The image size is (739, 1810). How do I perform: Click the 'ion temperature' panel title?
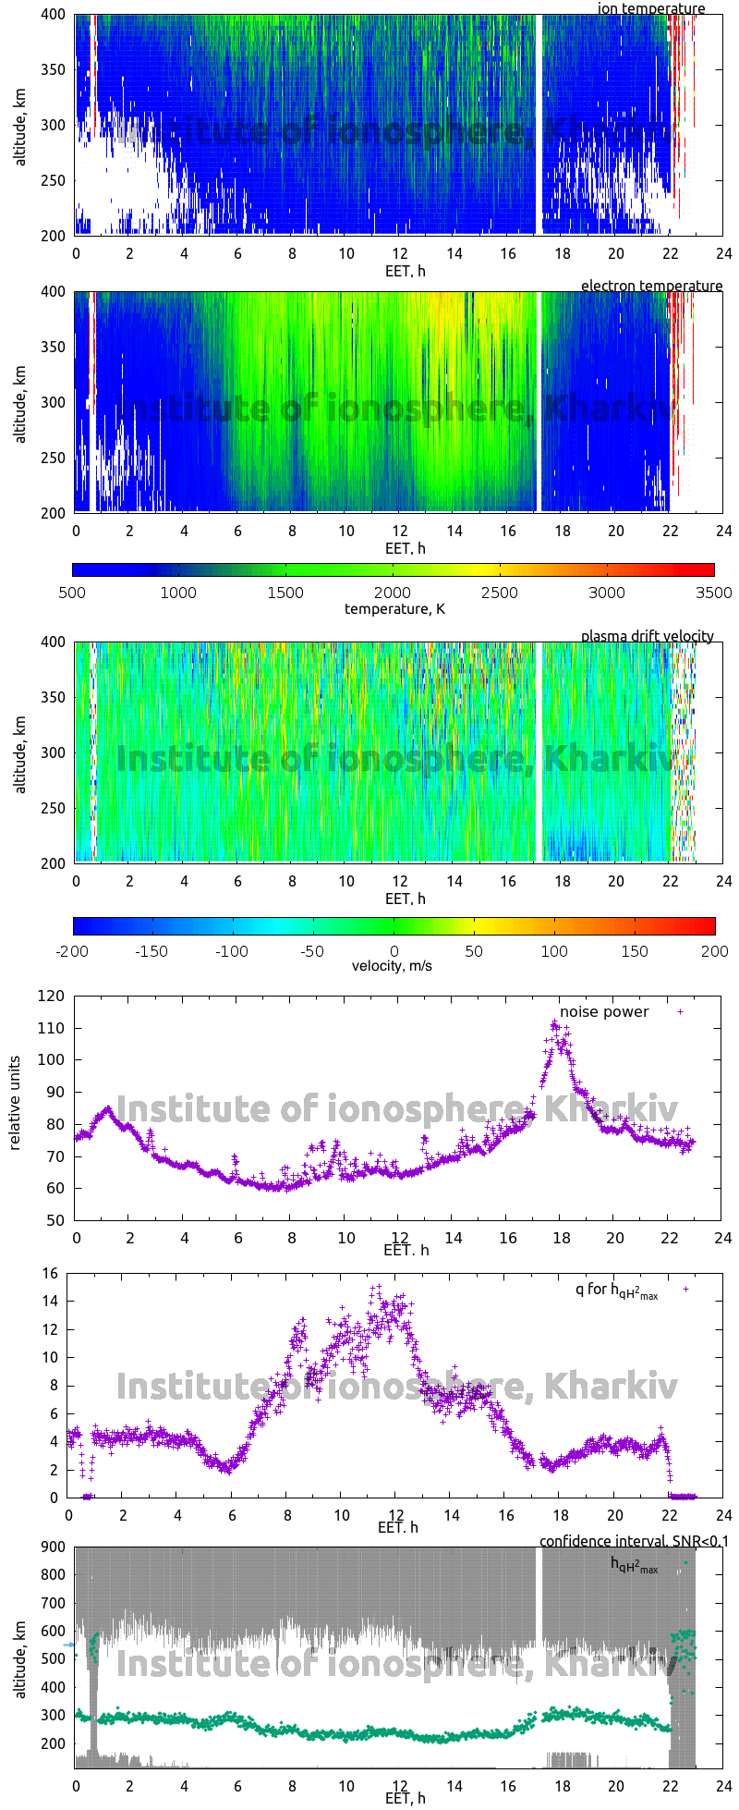pyautogui.click(x=650, y=9)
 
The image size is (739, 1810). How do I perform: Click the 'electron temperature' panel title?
pyautogui.click(x=651, y=286)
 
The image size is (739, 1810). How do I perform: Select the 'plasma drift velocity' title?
pyautogui.click(x=647, y=636)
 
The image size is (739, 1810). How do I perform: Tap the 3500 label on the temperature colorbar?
pyautogui.click(x=713, y=593)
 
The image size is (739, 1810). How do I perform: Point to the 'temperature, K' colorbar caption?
pyautogui.click(x=394, y=608)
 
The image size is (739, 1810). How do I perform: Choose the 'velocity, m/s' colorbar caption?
pyautogui.click(x=393, y=966)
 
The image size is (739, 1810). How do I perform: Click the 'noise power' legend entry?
pyautogui.click(x=604, y=1011)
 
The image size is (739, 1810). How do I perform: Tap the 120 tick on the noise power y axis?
pyautogui.click(x=53, y=996)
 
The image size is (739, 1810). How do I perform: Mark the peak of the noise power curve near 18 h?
pyautogui.click(x=555, y=1023)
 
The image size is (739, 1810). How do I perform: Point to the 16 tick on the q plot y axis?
pyautogui.click(x=49, y=1274)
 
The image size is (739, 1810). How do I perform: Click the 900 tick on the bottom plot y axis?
pyautogui.click(x=53, y=1547)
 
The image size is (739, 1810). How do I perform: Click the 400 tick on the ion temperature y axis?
pyautogui.click(x=53, y=16)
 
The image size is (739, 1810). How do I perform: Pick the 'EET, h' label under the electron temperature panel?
pyautogui.click(x=406, y=548)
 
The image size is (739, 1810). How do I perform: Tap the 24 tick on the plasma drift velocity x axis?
pyautogui.click(x=723, y=881)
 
